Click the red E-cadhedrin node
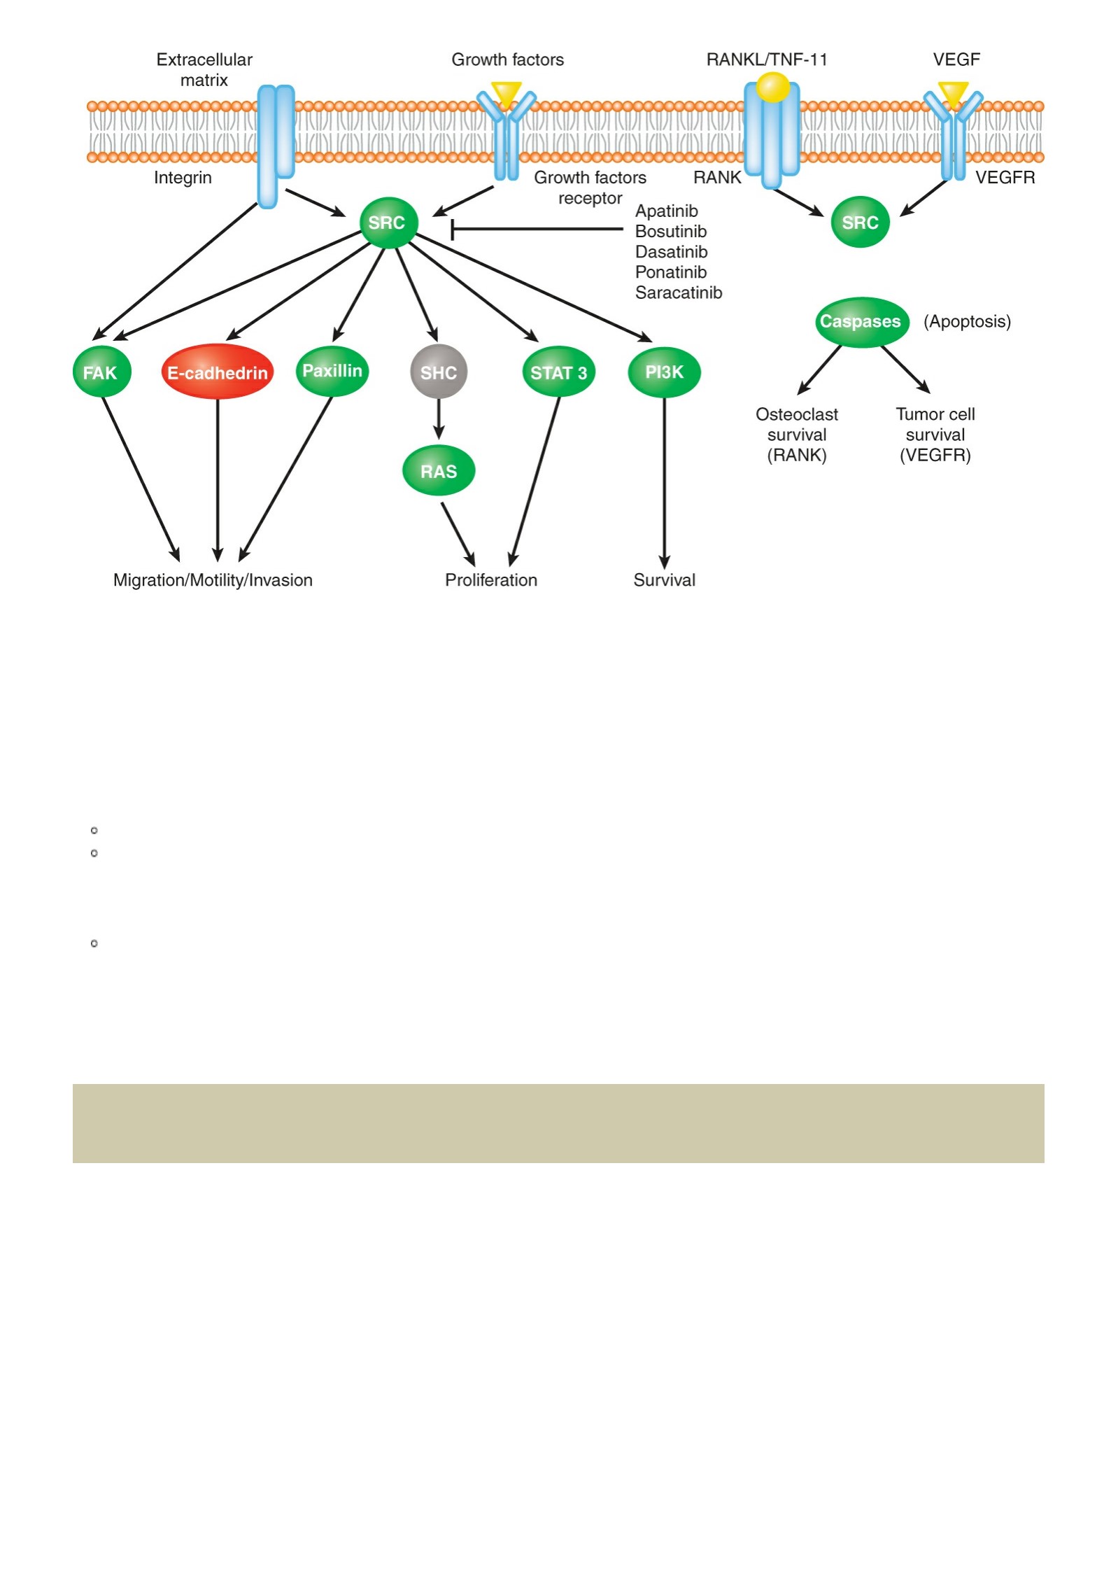click(x=217, y=372)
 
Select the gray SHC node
click(x=439, y=372)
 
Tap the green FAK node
click(x=101, y=372)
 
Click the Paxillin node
click(x=332, y=371)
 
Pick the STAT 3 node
click(x=558, y=372)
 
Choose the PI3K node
click(x=664, y=372)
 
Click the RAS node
click(x=439, y=470)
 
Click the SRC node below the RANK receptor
click(x=860, y=222)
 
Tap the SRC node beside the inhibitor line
click(x=388, y=223)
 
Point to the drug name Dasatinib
click(x=671, y=252)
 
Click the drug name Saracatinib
click(x=679, y=293)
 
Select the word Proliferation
click(x=491, y=580)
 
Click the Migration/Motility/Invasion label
click(x=213, y=580)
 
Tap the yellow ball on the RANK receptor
click(x=772, y=87)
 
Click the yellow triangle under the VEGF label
click(x=953, y=93)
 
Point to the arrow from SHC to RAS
click(x=439, y=419)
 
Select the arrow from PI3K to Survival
click(x=664, y=484)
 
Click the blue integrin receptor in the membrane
click(x=276, y=146)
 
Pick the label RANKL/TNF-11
click(x=767, y=59)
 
